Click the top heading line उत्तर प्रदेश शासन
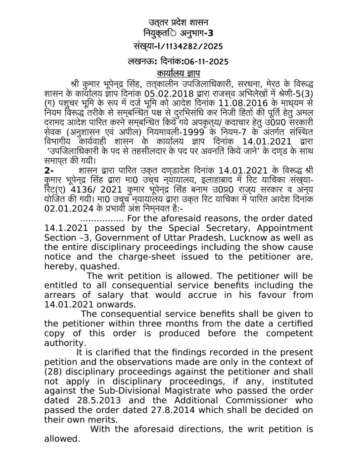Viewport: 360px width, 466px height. pyautogui.click(x=178, y=22)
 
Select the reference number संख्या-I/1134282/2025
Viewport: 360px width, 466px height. pyautogui.click(x=178, y=46)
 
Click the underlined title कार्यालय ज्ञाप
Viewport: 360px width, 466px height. pyautogui.click(x=178, y=73)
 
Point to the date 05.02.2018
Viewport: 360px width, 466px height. pyautogui.click(x=169, y=93)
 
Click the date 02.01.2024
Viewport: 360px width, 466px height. pyautogui.click(x=69, y=209)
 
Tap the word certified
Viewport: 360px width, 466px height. pyautogui.click(x=292, y=324)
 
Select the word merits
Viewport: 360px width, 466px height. pyautogui.click(x=103, y=420)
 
